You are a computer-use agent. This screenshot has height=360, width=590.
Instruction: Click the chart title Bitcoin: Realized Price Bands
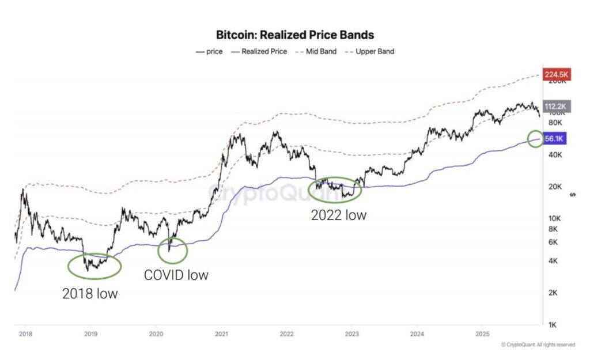pyautogui.click(x=294, y=35)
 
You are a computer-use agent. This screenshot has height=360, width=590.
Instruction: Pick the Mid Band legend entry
pyautogui.click(x=319, y=51)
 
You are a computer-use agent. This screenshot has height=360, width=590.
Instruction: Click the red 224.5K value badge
pyautogui.click(x=555, y=74)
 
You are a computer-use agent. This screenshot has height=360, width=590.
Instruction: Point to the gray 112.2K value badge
pyautogui.click(x=555, y=106)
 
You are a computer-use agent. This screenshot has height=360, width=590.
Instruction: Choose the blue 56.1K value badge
pyautogui.click(x=555, y=138)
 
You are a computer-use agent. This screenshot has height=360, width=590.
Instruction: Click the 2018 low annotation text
pyautogui.click(x=90, y=294)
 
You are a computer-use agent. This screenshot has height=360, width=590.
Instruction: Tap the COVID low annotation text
pyautogui.click(x=176, y=275)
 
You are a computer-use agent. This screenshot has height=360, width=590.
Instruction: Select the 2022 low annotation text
pyautogui.click(x=338, y=215)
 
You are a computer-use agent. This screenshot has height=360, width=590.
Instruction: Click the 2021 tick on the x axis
pyautogui.click(x=221, y=334)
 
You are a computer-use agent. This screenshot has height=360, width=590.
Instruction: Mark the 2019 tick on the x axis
pyautogui.click(x=90, y=334)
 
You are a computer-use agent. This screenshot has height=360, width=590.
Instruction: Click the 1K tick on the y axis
pyautogui.click(x=552, y=325)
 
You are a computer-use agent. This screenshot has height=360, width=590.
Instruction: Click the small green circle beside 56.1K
pyautogui.click(x=535, y=138)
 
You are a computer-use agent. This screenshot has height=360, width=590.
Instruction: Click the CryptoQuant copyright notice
pyautogui.click(x=538, y=344)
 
